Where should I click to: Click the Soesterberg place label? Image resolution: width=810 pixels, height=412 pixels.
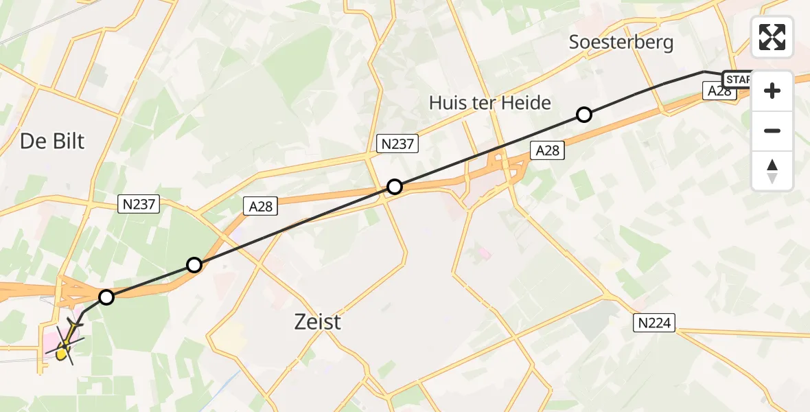tap(621, 43)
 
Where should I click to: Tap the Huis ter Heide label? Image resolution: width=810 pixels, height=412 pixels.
tap(490, 103)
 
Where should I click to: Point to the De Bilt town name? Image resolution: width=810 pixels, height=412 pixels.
tap(52, 141)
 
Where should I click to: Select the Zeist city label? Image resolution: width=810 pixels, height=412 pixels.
tap(318, 321)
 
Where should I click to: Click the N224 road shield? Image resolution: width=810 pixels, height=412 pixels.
tap(656, 322)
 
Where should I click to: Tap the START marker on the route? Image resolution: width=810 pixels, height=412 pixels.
tap(738, 80)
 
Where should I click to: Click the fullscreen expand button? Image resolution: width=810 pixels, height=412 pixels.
tap(772, 37)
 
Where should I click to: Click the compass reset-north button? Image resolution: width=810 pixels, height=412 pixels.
tap(772, 171)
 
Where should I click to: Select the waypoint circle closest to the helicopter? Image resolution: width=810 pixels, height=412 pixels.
tap(106, 297)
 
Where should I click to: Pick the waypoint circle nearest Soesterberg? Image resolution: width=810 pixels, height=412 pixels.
tap(583, 115)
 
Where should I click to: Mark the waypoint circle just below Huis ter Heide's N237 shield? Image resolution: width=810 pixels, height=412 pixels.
tap(395, 186)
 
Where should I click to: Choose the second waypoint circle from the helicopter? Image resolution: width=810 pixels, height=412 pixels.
tap(194, 265)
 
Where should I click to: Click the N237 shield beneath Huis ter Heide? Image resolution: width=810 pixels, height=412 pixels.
tap(397, 144)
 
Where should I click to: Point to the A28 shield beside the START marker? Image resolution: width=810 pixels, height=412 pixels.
tap(719, 92)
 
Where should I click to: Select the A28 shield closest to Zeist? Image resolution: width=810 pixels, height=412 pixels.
tap(262, 206)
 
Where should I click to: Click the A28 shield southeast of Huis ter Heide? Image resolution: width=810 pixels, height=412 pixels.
tap(547, 150)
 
